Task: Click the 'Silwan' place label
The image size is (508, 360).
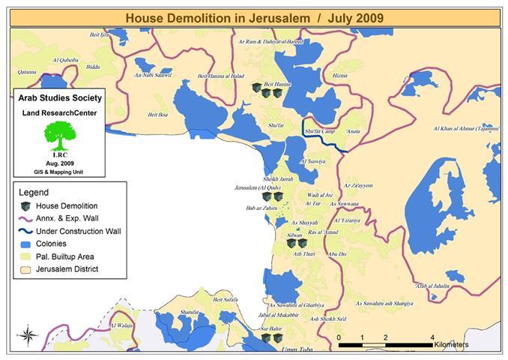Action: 294,235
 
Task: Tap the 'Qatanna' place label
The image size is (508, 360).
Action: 27,72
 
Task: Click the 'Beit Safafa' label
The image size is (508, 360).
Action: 227,299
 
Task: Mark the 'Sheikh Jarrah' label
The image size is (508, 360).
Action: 278,179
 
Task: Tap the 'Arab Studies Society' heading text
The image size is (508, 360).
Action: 57,98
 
